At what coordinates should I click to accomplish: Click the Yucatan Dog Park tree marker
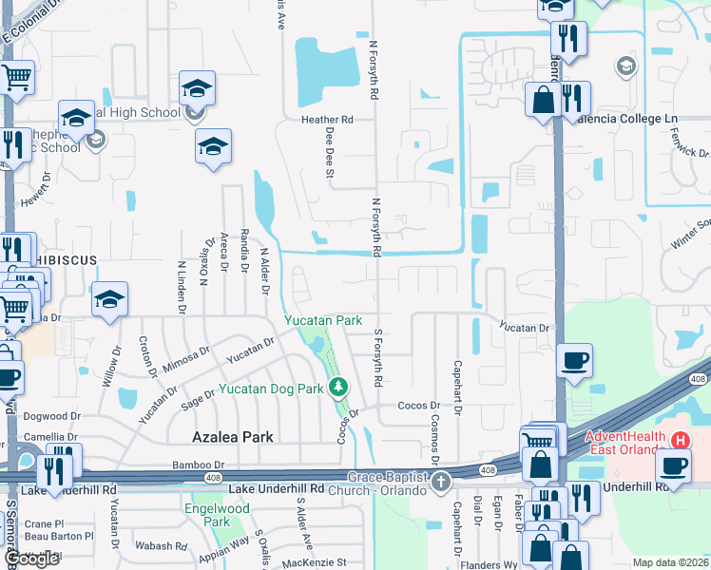(337, 388)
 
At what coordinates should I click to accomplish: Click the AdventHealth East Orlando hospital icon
(681, 441)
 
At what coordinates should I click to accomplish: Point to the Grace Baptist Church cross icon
(440, 483)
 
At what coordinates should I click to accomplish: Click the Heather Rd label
(327, 121)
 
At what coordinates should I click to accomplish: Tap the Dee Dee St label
(330, 155)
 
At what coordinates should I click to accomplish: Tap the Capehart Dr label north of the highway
(457, 388)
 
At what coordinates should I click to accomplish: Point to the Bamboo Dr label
(171, 465)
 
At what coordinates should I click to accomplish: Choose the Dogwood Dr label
(46, 416)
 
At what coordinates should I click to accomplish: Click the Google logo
(31, 560)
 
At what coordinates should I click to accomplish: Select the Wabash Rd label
(161, 546)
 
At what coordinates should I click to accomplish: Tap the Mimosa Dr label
(186, 357)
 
